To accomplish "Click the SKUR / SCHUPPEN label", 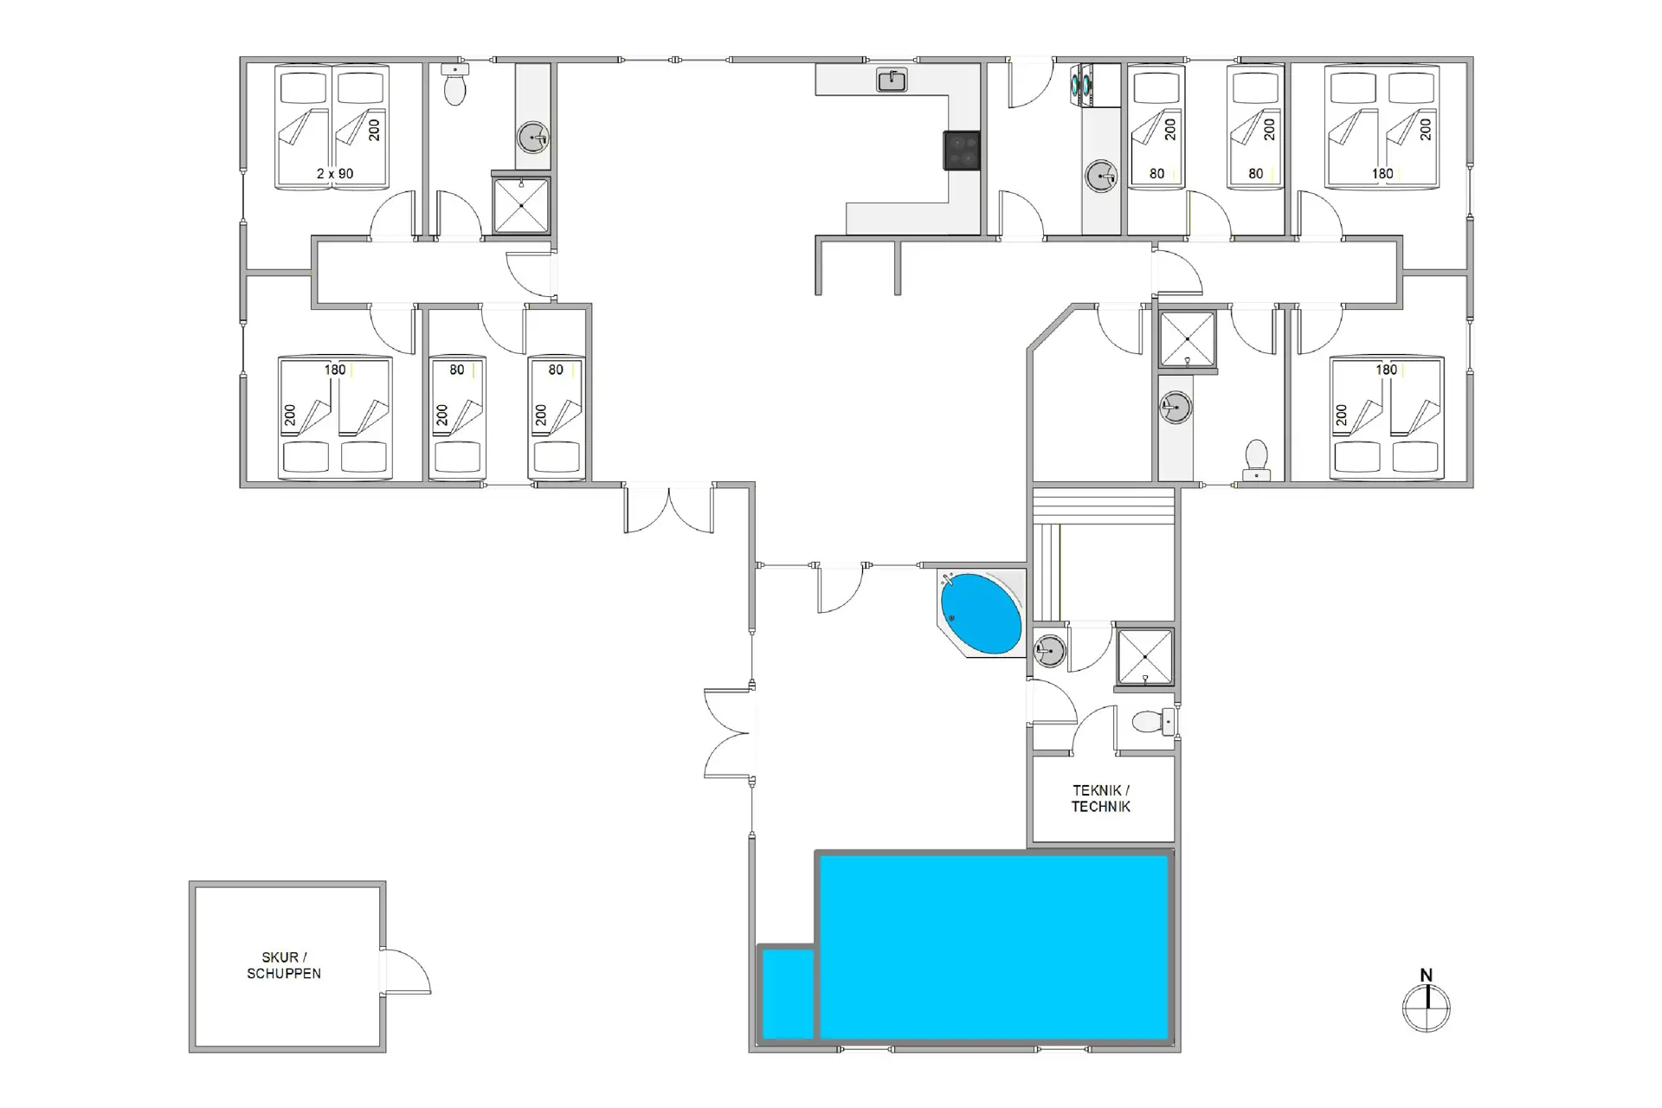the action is click(x=284, y=965).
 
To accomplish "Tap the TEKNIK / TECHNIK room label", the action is click(x=1101, y=798).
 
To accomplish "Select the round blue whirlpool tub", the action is click(x=981, y=614).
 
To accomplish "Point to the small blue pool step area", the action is click(x=788, y=993).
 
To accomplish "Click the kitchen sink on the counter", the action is click(x=892, y=81).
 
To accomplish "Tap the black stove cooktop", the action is click(x=962, y=150).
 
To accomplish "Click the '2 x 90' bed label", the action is click(x=335, y=173).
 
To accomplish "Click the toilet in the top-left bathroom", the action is click(x=454, y=83).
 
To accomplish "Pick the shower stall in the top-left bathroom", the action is click(x=520, y=205).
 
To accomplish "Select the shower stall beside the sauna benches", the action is click(x=1144, y=656).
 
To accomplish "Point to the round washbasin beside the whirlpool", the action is click(x=1049, y=650).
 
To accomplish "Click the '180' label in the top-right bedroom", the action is click(x=1382, y=173).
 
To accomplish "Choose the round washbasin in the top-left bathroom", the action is click(x=533, y=137).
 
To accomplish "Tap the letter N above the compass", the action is click(x=1426, y=976).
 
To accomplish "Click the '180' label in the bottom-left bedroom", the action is click(x=335, y=370).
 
